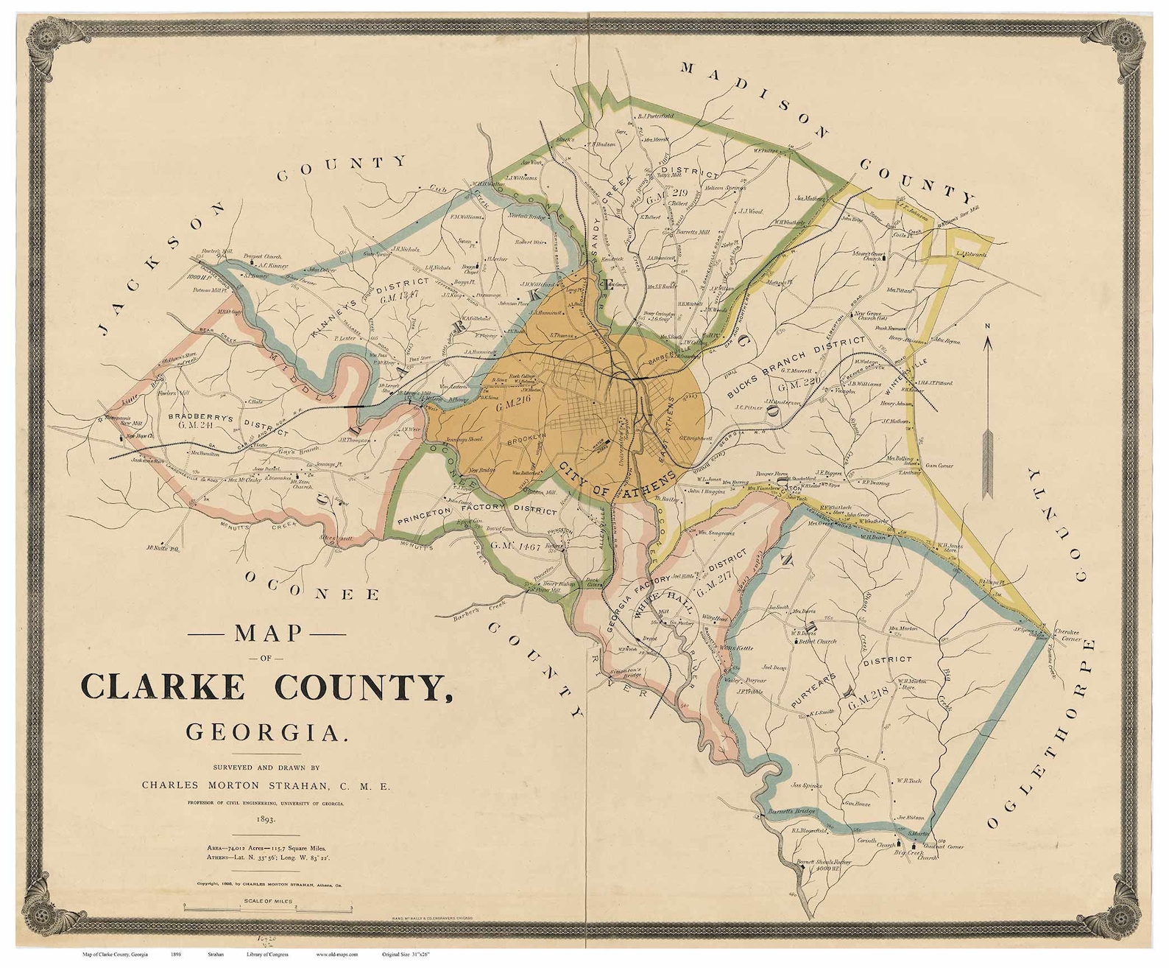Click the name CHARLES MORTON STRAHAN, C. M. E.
[266, 785]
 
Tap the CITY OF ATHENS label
[617, 482]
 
